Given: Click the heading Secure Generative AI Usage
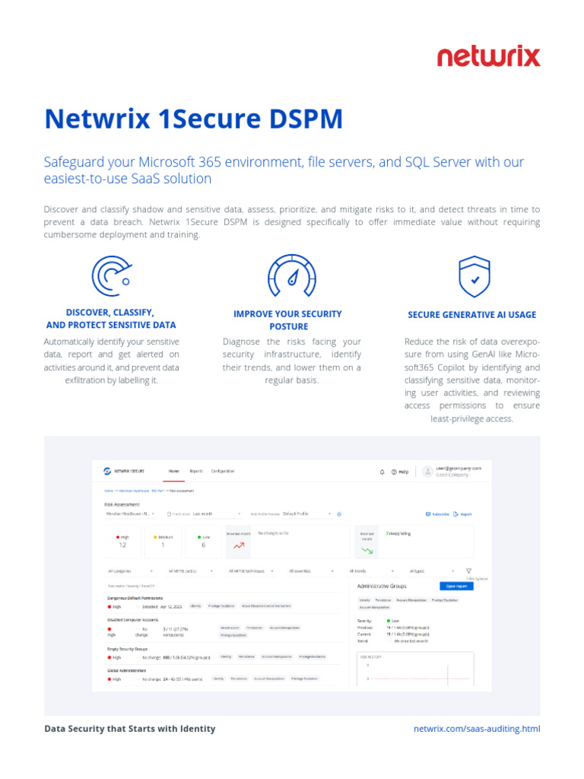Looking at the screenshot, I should click(472, 314).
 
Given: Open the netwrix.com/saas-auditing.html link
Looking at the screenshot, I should click(477, 729).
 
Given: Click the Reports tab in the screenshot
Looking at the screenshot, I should click(196, 472).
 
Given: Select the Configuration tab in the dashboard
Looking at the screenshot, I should click(223, 472).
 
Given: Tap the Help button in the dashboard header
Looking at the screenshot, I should click(400, 472).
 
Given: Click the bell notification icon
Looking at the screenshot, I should click(382, 472).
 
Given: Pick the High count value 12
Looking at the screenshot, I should click(122, 545).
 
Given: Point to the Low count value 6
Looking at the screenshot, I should click(203, 545).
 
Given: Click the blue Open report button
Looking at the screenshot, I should click(455, 586).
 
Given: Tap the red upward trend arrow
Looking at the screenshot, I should click(239, 545).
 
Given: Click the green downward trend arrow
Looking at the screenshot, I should click(367, 549).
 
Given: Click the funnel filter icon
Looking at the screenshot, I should click(469, 571).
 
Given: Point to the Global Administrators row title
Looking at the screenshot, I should click(127, 670).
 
